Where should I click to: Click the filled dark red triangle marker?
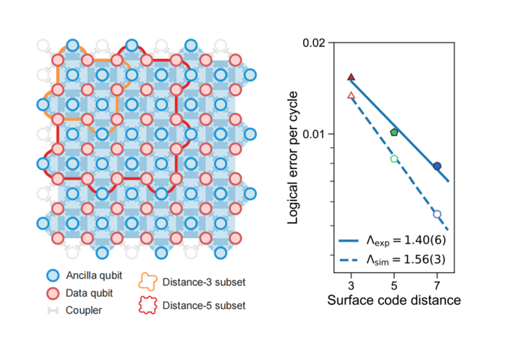351,77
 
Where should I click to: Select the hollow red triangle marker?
351,96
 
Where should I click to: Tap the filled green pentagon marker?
394,132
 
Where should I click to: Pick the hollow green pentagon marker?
394,159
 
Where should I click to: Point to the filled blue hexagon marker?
437,166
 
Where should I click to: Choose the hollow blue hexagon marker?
437,214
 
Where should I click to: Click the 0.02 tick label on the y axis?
314,43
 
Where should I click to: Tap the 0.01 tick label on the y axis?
314,134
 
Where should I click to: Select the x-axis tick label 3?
351,286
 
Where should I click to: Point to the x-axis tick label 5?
394,286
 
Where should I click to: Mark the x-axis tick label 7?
437,286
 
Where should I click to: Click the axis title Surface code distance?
394,300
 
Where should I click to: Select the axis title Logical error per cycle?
293,158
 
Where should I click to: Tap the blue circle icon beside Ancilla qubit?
53,276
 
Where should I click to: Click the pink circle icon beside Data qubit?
53,293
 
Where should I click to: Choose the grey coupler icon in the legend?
53,311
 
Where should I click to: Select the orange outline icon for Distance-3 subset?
147,282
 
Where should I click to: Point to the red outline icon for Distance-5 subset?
147,305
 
